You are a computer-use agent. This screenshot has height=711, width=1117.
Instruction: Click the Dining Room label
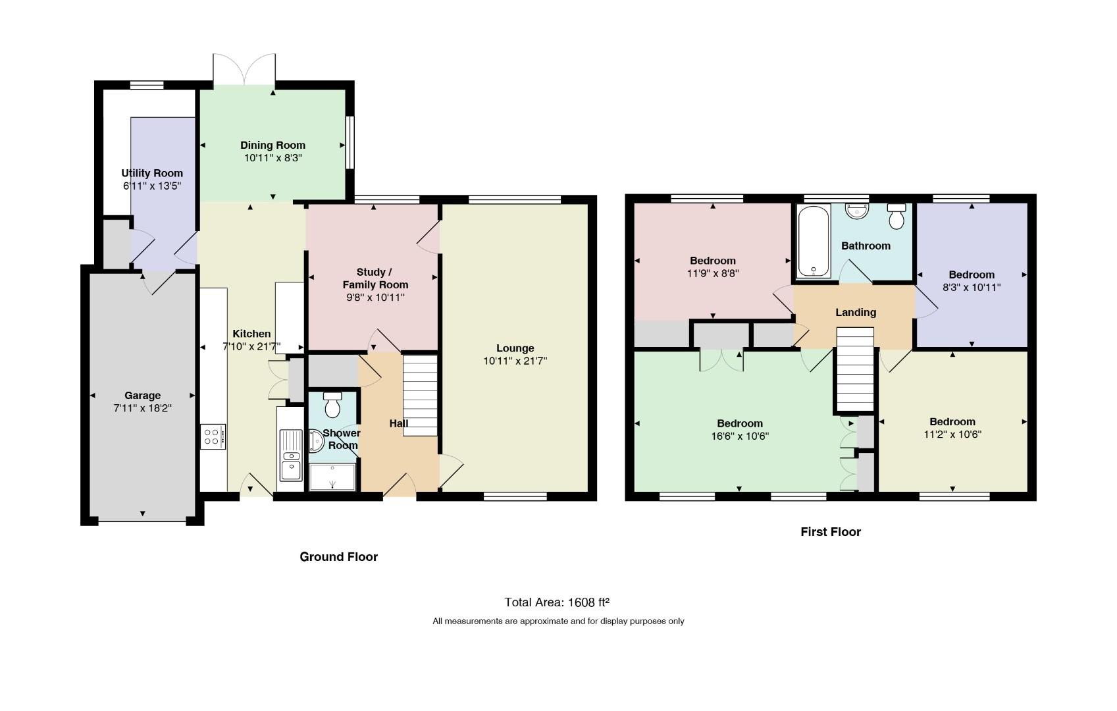[x=273, y=145]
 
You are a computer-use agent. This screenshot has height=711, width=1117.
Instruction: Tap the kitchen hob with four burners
[x=213, y=436]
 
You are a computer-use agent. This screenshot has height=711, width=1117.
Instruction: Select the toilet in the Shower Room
[x=332, y=404]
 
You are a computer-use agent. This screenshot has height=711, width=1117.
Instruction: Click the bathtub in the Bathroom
[x=814, y=241]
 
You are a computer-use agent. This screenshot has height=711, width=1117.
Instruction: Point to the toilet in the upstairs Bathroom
[x=896, y=216]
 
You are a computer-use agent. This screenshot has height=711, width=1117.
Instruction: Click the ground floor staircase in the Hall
[x=420, y=395]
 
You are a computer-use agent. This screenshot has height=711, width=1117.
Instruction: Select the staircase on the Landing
[x=855, y=369]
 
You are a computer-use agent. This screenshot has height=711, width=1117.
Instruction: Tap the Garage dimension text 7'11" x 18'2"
[x=143, y=408]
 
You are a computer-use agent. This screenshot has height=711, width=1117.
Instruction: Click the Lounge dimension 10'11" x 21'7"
[x=515, y=361]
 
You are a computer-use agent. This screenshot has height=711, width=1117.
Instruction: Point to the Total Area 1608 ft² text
[x=557, y=602]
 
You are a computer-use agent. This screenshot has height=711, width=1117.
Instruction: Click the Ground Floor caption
[x=338, y=557]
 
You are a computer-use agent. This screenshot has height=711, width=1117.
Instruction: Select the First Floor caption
[x=831, y=532]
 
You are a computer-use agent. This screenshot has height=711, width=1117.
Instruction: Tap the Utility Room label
[x=152, y=173]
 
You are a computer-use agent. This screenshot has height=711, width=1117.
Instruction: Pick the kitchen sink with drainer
[x=291, y=455]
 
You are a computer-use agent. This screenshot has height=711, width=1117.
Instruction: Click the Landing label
[x=856, y=312]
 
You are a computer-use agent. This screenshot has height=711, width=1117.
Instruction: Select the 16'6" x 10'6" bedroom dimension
[x=740, y=436]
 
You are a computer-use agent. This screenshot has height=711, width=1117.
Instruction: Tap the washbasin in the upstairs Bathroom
[x=857, y=211]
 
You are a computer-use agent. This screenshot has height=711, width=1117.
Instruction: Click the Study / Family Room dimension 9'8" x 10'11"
[x=375, y=298]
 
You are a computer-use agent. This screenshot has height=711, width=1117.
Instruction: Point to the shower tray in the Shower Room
[x=332, y=477]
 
